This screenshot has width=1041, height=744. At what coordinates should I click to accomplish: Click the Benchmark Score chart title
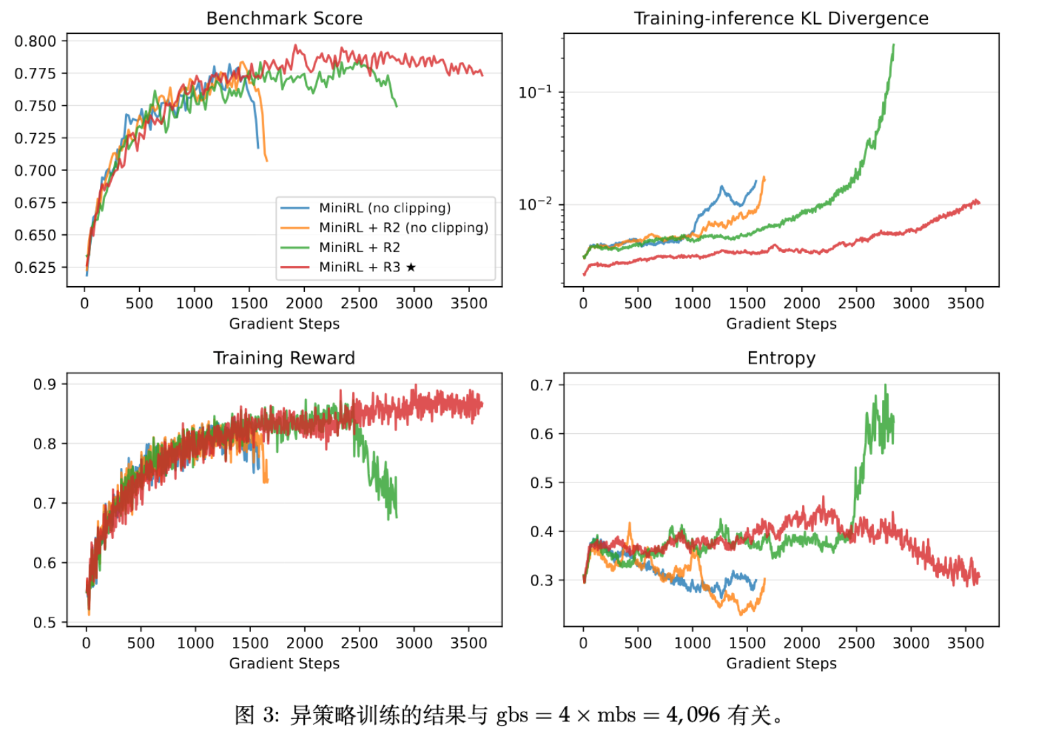click(x=284, y=18)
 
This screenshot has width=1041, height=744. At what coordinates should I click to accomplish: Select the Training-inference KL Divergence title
click(x=781, y=18)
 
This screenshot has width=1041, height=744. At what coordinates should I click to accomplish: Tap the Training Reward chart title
click(x=284, y=358)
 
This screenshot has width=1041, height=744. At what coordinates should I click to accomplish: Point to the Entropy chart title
click(x=781, y=358)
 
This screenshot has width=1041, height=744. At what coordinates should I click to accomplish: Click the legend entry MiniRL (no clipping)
click(x=385, y=208)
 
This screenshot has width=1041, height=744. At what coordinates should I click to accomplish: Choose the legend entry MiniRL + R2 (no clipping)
click(x=403, y=228)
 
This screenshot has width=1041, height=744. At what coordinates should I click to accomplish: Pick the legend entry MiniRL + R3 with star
click(x=367, y=267)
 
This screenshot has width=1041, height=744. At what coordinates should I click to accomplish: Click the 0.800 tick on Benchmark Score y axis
click(x=35, y=41)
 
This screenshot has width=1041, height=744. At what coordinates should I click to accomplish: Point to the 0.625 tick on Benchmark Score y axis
click(x=35, y=268)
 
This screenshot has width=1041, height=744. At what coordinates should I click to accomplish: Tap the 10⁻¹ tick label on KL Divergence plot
click(x=535, y=91)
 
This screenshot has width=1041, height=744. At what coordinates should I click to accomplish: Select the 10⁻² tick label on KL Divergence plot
click(x=535, y=204)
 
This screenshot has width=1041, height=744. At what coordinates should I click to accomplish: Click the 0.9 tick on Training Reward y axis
click(x=45, y=384)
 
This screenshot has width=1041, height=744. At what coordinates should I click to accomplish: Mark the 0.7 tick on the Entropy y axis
click(x=542, y=385)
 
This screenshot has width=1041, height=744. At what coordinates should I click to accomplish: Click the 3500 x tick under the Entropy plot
click(x=965, y=643)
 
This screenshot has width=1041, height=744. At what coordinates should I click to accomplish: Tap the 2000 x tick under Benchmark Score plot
click(x=304, y=303)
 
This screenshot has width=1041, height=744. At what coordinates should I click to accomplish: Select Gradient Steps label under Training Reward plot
click(x=284, y=663)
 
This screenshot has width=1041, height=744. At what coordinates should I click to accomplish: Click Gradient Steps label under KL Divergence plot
click(x=781, y=324)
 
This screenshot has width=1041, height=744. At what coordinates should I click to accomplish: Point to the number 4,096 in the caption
click(x=693, y=715)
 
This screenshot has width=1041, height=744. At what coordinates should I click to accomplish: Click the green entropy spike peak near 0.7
click(x=885, y=385)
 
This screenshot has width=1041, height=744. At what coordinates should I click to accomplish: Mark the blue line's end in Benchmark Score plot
click(x=258, y=147)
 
